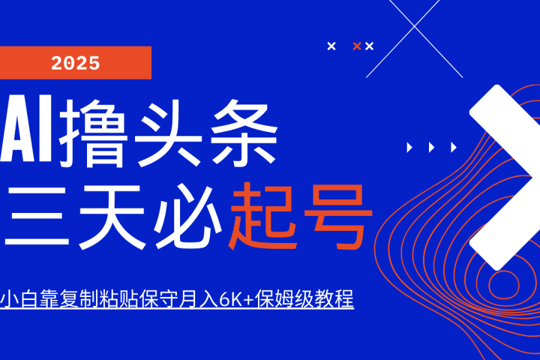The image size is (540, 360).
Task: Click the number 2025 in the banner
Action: click(76, 63)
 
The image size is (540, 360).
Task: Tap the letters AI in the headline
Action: click(26, 128)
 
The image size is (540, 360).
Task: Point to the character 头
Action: click(168, 133)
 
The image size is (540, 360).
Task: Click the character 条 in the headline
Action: click(244, 133)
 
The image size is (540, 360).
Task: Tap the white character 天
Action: click(112, 217)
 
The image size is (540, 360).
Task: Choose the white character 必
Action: click(188, 217)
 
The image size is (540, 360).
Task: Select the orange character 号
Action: click(338, 217)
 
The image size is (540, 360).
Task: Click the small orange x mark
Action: click(357, 46)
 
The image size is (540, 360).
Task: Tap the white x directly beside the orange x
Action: click(369, 46)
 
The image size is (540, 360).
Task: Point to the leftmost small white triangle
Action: click(409, 148)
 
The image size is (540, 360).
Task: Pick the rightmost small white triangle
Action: click(454, 148)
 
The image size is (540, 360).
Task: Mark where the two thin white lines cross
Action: click(414, 26)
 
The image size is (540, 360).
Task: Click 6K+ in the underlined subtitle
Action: click(237, 298)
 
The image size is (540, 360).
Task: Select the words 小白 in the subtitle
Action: click(19, 298)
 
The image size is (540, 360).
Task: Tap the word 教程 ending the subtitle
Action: click(334, 298)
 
